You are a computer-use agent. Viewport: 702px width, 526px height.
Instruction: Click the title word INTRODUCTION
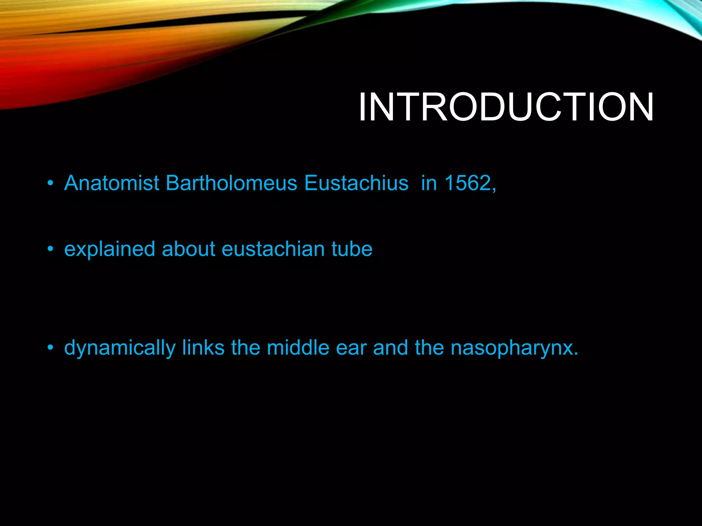[506, 107]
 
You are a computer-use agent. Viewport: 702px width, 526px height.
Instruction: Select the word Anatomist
[112, 183]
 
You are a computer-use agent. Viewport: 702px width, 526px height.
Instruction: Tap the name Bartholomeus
[231, 183]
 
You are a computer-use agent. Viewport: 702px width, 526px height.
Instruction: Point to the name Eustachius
[356, 183]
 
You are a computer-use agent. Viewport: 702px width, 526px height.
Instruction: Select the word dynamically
[120, 348]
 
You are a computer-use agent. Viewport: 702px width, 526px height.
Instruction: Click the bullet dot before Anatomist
[50, 184]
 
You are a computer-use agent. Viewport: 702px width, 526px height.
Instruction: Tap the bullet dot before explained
[50, 249]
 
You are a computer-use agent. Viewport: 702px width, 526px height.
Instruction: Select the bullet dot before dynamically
[50, 348]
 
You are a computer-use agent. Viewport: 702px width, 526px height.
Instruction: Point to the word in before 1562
[428, 183]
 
